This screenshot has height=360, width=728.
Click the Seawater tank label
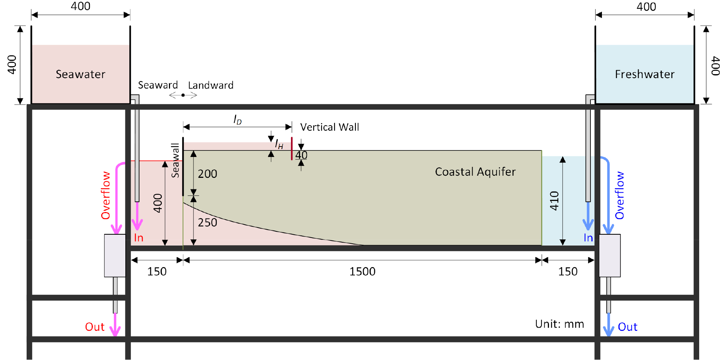[80, 74]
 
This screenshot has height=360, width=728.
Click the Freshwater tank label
[644, 74]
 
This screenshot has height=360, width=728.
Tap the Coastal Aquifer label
[475, 172]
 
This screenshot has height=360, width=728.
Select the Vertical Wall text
[330, 127]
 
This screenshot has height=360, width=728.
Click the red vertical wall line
[292, 148]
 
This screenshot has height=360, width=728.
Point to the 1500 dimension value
[362, 271]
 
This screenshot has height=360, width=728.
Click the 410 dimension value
[554, 201]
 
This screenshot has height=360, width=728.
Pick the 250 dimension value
[207, 222]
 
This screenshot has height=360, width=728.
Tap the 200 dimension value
[207, 174]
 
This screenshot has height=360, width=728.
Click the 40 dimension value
[301, 155]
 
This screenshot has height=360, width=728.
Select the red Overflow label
[106, 195]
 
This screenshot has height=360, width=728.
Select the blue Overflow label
[620, 195]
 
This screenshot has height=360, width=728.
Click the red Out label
[95, 327]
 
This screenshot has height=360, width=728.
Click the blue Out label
[627, 327]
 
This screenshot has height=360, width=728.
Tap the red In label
[139, 238]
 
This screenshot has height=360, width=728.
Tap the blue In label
[588, 238]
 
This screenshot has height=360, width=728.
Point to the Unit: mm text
[559, 324]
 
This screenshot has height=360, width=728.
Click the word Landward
[211, 85]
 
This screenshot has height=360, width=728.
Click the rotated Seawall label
[175, 161]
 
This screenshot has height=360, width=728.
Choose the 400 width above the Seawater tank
[81, 6]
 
